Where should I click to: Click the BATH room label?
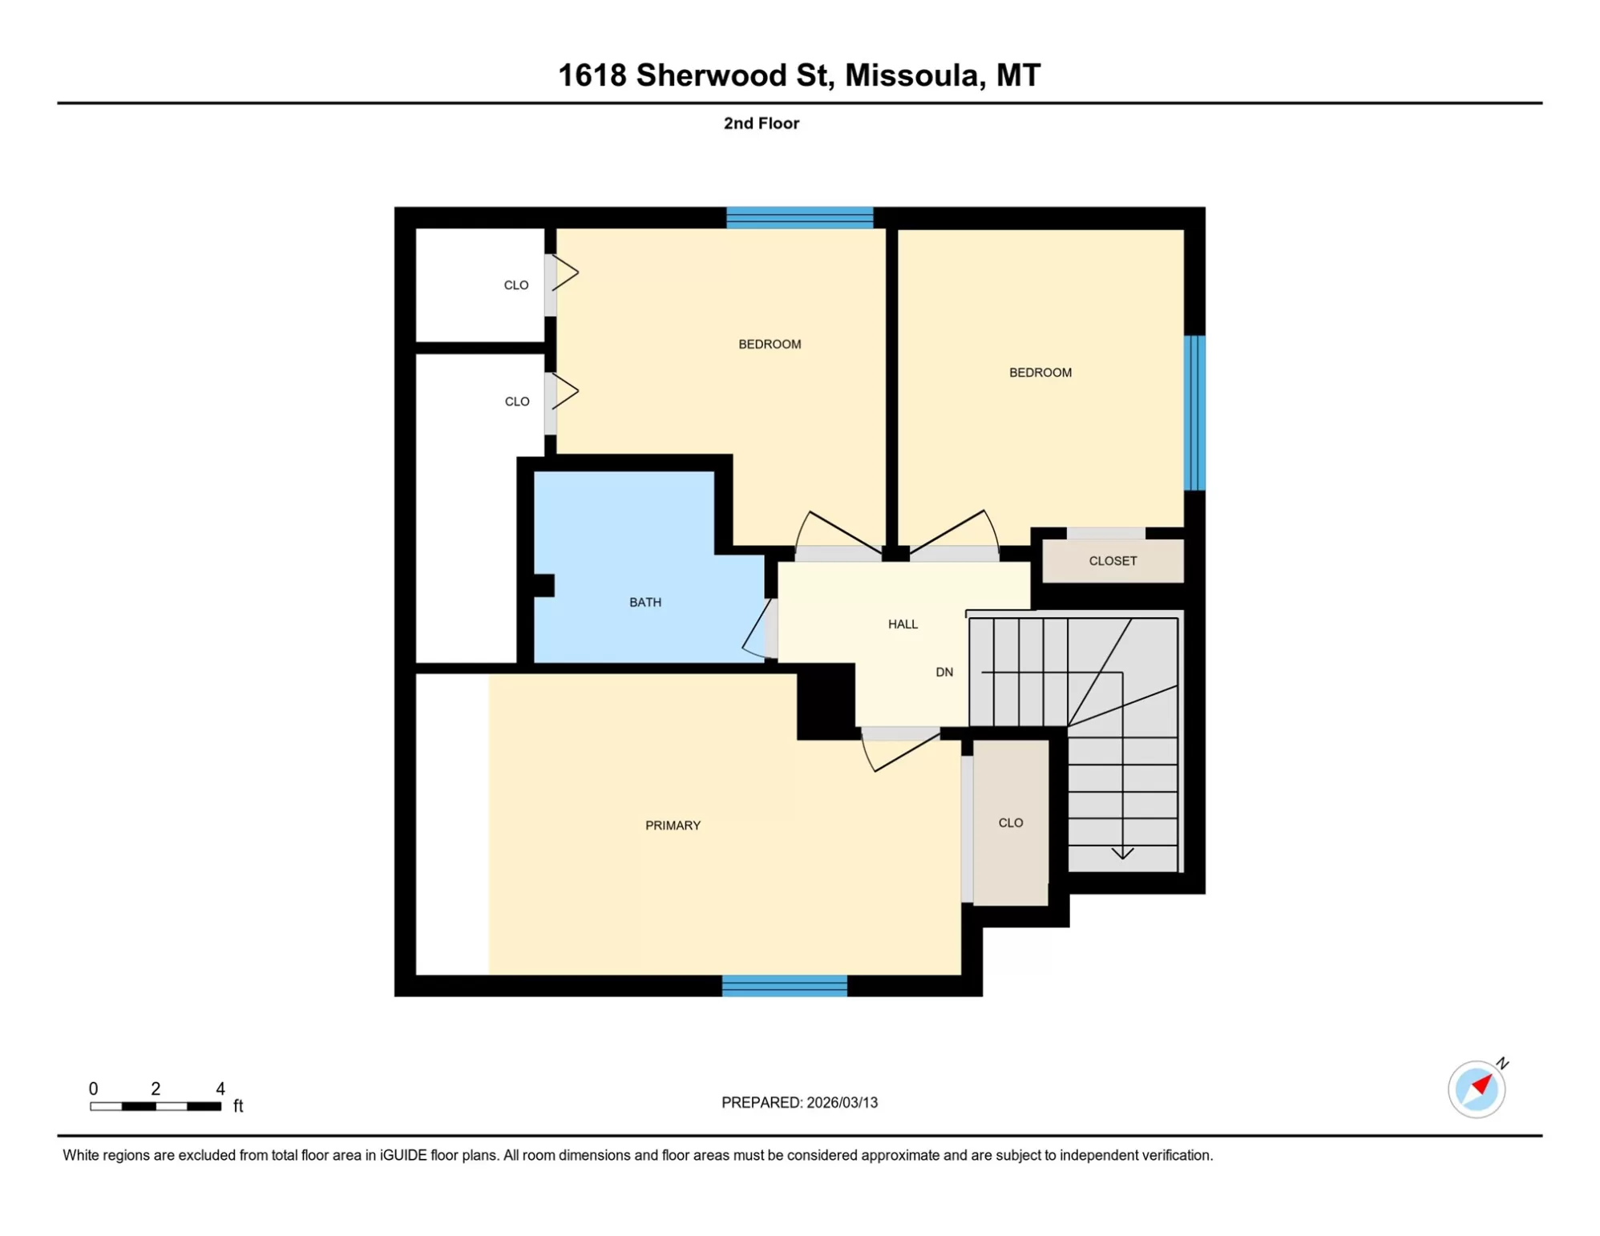pyautogui.click(x=644, y=602)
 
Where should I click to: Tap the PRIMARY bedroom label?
pyautogui.click(x=673, y=825)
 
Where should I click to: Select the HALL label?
pyautogui.click(x=903, y=624)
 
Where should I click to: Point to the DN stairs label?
pyautogui.click(x=944, y=672)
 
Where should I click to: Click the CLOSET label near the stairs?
pyautogui.click(x=1113, y=560)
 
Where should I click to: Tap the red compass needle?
pyautogui.click(x=1482, y=1085)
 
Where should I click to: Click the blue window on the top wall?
pyautogui.click(x=799, y=217)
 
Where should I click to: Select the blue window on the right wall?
pyautogui.click(x=1194, y=412)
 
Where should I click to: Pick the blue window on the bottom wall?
pyautogui.click(x=784, y=986)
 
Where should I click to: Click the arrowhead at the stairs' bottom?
pyautogui.click(x=1122, y=854)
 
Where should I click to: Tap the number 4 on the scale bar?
pyautogui.click(x=220, y=1089)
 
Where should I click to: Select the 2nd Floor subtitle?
pyautogui.click(x=761, y=123)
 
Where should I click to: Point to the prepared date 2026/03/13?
pyautogui.click(x=842, y=1102)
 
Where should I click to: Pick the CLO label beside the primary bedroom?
pyautogui.click(x=1010, y=822)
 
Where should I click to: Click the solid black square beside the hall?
pyautogui.click(x=826, y=702)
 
